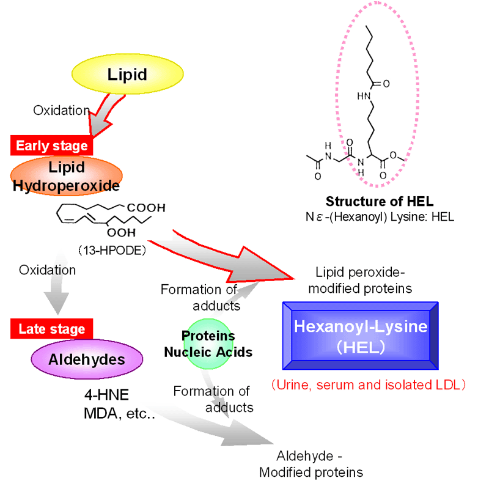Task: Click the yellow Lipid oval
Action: [x=127, y=75]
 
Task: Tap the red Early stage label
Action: [x=52, y=145]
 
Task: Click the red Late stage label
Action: [x=51, y=329]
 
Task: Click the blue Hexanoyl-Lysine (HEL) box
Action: [x=360, y=335]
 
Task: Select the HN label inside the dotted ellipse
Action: [x=364, y=95]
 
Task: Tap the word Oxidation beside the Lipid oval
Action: [x=61, y=110]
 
